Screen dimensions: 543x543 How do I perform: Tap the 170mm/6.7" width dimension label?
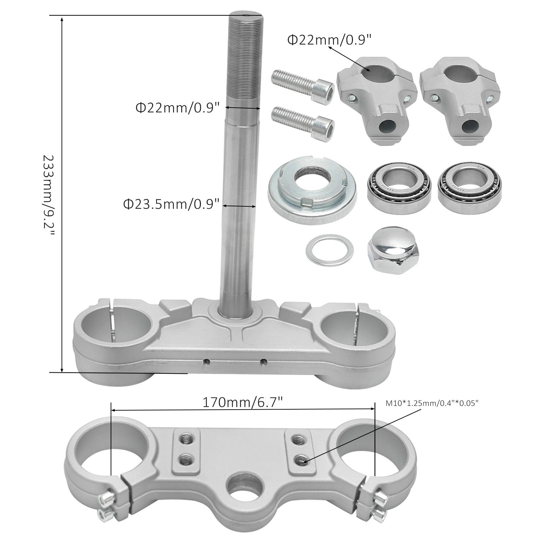tap(243, 402)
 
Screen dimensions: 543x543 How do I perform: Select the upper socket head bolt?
tap(303, 85)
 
